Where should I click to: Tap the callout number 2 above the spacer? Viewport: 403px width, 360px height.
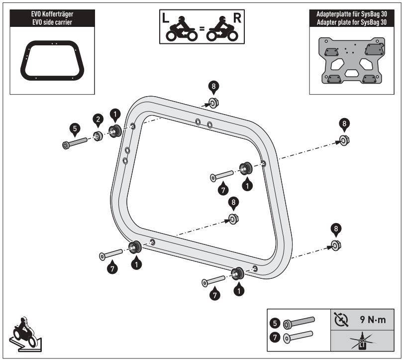click(x=98, y=119)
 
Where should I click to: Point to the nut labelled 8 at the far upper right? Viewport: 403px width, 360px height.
click(x=343, y=139)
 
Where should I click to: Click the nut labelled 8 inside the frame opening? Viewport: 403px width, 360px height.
click(x=233, y=219)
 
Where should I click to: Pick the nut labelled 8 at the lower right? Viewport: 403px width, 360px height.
click(x=336, y=245)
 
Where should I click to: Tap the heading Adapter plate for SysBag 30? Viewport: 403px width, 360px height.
click(x=350, y=23)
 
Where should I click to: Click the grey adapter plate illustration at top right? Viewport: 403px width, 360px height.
click(x=350, y=62)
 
